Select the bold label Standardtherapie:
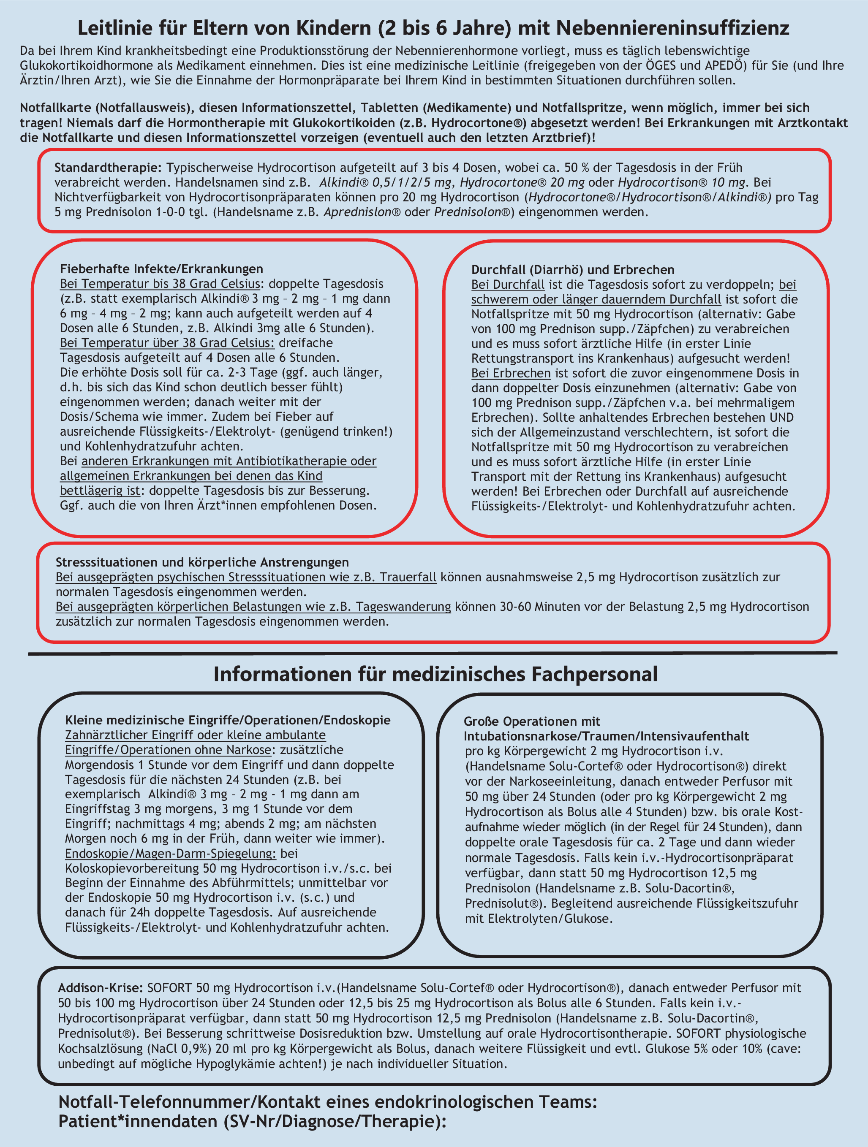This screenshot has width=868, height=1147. coord(108,168)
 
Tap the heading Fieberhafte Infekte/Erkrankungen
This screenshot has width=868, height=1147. coord(161,269)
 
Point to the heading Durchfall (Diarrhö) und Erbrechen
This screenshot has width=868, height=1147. coord(572,270)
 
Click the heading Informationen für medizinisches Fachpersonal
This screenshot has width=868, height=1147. coord(435,674)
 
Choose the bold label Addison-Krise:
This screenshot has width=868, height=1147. coord(101,988)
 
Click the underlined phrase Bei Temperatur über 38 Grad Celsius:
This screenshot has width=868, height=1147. coord(167,343)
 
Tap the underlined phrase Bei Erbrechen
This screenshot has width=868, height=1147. coord(511,373)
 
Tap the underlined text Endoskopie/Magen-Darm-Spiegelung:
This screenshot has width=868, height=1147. coord(170,854)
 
